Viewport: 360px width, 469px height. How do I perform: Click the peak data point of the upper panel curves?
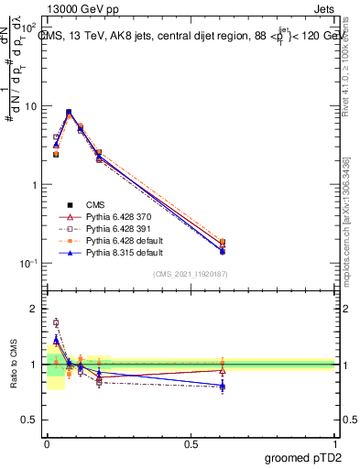[69, 113]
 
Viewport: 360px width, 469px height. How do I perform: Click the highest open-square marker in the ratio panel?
[56, 322]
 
